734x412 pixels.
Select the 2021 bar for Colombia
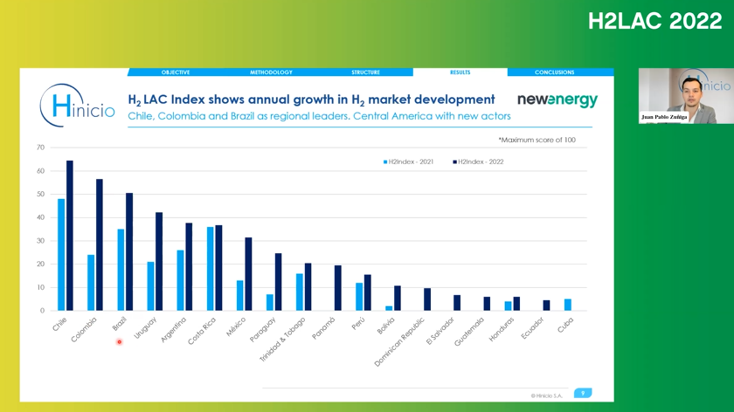click(x=91, y=283)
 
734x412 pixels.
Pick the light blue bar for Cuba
click(x=568, y=305)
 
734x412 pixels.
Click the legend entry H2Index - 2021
click(x=409, y=161)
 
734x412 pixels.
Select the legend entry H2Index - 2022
click(x=479, y=161)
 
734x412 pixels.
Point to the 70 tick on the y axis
click(x=40, y=148)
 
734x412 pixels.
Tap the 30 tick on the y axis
click(x=40, y=241)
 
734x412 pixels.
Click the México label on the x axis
click(x=236, y=327)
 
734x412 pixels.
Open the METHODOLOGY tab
click(x=271, y=72)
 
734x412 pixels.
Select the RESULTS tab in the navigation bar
click(x=460, y=72)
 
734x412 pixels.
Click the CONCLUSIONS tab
click(x=554, y=72)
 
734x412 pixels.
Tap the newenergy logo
click(x=557, y=100)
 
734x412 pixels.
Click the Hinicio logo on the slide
click(x=77, y=106)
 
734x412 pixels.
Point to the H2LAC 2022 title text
click(x=654, y=22)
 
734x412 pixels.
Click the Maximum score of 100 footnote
click(x=537, y=140)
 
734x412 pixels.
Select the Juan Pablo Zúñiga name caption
click(x=664, y=116)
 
